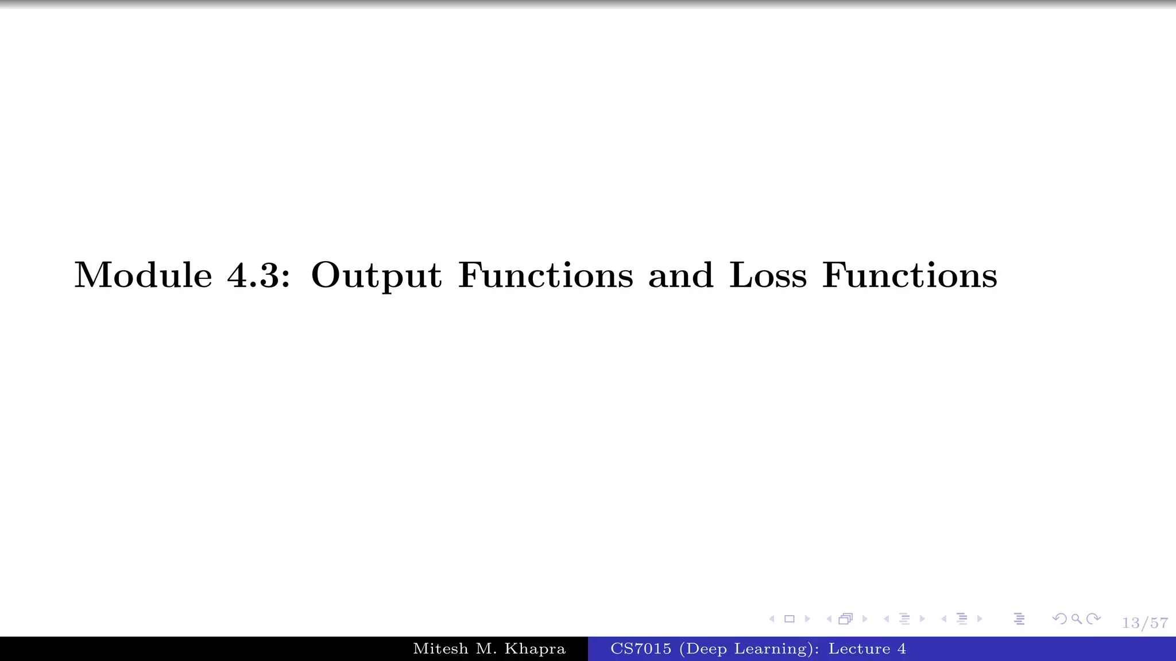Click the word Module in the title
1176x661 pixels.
[x=143, y=275]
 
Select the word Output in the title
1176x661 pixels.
[x=376, y=276]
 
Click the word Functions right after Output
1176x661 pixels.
[x=546, y=275]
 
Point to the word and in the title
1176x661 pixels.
[x=681, y=275]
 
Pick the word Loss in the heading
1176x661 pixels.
[x=768, y=275]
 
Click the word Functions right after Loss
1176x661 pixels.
[x=910, y=275]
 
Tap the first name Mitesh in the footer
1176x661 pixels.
[x=440, y=649]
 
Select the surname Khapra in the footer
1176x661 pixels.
[x=535, y=649]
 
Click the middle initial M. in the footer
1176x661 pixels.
[x=486, y=649]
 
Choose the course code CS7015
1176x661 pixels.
[x=640, y=649]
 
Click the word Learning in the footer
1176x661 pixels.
[x=776, y=649]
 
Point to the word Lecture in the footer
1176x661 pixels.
[x=859, y=649]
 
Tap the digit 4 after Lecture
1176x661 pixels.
[x=902, y=649]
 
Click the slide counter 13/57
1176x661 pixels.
[x=1145, y=623]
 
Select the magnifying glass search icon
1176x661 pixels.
[x=1077, y=619]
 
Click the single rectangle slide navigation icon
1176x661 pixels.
[x=790, y=619]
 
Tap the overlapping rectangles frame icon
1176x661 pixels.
[x=845, y=619]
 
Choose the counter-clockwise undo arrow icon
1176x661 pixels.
[x=1059, y=619]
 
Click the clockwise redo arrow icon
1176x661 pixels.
[x=1094, y=619]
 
